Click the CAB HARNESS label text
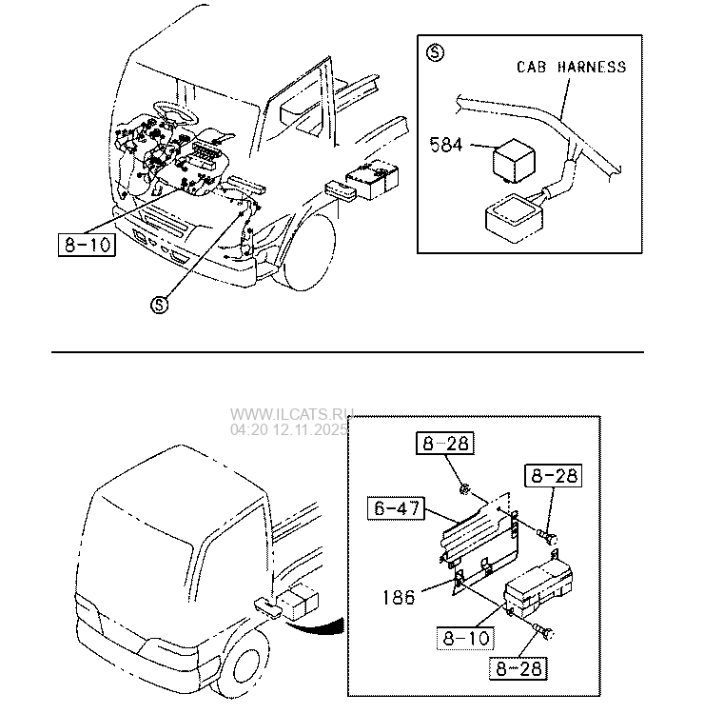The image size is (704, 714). [x=571, y=67]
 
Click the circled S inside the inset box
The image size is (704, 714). [x=434, y=52]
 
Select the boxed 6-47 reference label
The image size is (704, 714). [x=395, y=509]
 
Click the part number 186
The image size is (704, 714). [x=398, y=597]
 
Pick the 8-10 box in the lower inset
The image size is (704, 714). [x=465, y=638]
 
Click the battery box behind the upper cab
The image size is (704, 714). [x=374, y=178]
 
